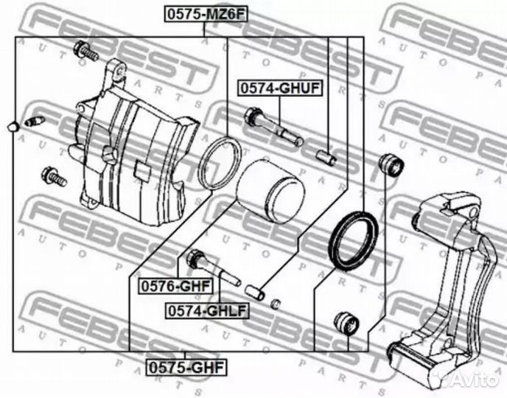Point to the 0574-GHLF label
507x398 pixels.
point(206,310)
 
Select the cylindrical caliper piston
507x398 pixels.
point(270,190)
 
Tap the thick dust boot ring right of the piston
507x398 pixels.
point(353,240)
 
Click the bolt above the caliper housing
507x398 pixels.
point(85,52)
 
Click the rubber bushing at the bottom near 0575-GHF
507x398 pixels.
point(345,323)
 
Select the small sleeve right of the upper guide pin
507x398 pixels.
point(326,156)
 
